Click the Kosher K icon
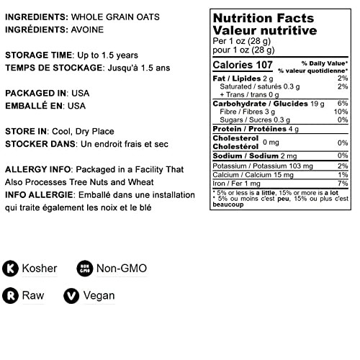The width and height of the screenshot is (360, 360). (x=12, y=269)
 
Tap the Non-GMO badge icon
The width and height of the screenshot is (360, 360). (x=84, y=269)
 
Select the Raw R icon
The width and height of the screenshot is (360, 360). (x=12, y=295)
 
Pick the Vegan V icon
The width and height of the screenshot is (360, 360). (x=71, y=295)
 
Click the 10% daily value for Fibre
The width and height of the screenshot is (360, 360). (x=342, y=112)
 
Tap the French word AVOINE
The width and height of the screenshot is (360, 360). (x=91, y=30)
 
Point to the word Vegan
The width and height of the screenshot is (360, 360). (x=99, y=295)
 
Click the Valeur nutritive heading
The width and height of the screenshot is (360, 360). (x=265, y=31)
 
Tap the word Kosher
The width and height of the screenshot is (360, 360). (x=41, y=269)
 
